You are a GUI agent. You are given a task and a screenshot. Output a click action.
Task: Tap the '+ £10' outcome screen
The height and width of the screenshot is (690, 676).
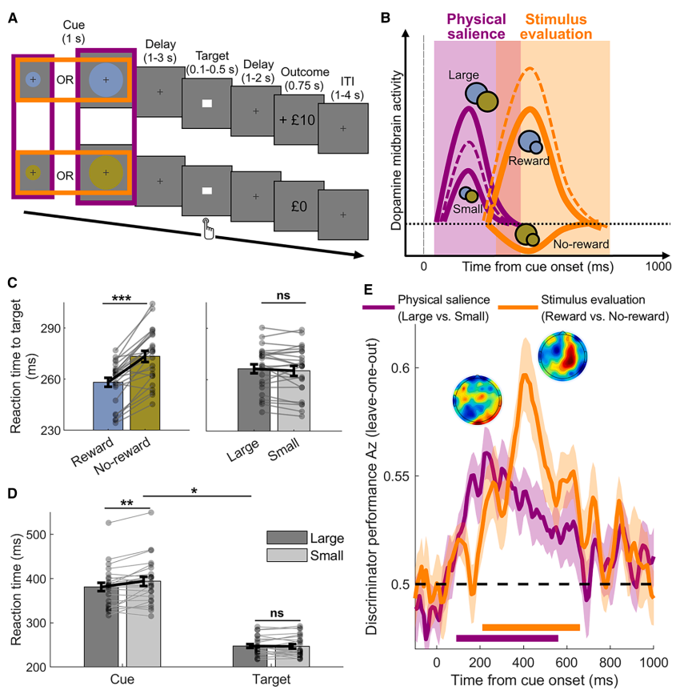(x=295, y=119)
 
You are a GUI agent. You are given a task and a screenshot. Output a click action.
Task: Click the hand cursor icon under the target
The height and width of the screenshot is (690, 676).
(x=209, y=228)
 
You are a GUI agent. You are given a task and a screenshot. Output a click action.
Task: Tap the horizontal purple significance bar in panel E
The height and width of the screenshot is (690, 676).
(x=506, y=638)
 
